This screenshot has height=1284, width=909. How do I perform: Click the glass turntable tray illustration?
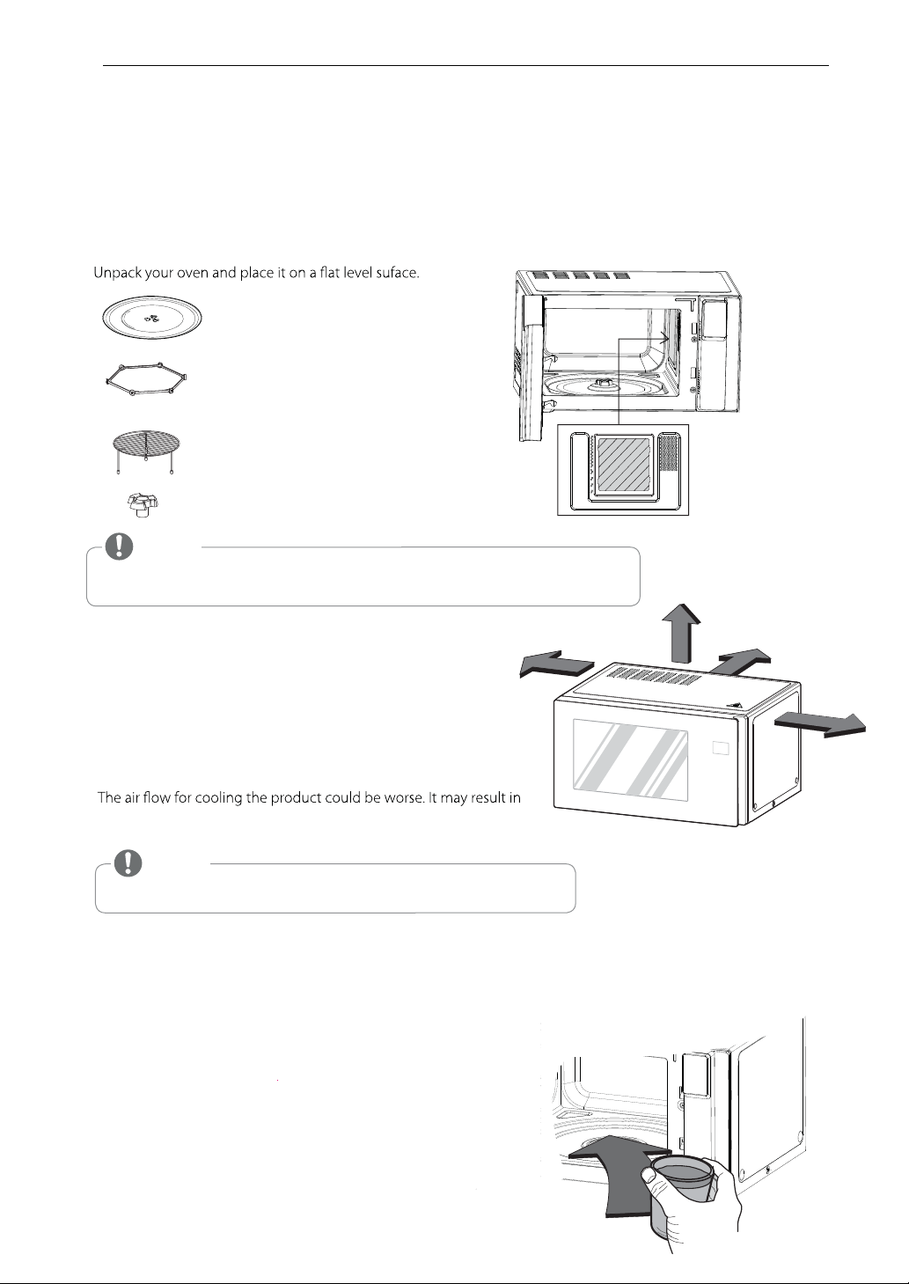point(152,317)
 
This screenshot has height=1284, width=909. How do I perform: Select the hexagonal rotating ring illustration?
point(147,379)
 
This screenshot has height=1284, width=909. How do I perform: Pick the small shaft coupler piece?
point(142,504)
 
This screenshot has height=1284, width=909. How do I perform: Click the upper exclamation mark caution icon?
point(119,547)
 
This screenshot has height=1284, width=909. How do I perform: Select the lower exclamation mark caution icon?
point(128,862)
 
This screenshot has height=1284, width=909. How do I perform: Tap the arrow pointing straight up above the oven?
point(681,633)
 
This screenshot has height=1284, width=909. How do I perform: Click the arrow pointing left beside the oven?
point(556,664)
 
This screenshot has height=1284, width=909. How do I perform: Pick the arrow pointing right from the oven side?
point(820,726)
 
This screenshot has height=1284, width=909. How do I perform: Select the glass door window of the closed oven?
point(630,760)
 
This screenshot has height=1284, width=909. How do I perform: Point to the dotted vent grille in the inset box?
point(668,452)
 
